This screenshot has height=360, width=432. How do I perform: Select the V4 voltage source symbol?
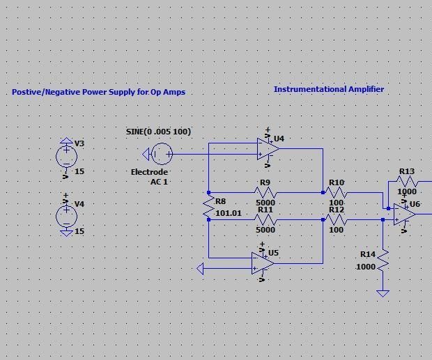pyautogui.click(x=67, y=216)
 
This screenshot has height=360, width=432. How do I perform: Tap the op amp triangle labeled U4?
pyautogui.click(x=268, y=148)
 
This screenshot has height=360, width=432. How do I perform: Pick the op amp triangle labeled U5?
pyautogui.click(x=263, y=263)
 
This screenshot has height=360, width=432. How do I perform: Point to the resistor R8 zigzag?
pyautogui.click(x=208, y=206)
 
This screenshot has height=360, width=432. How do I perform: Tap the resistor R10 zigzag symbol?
pyautogui.click(x=337, y=193)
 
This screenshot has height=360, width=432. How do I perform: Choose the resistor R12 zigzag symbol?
pyautogui.click(x=337, y=220)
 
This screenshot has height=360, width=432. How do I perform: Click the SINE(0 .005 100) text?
pyautogui.click(x=158, y=132)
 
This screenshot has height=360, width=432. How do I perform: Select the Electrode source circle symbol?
pyautogui.click(x=161, y=154)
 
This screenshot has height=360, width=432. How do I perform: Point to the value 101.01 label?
pyautogui.click(x=229, y=213)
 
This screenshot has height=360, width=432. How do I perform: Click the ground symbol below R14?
pyautogui.click(x=383, y=293)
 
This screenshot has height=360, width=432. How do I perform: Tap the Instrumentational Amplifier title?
pyautogui.click(x=329, y=89)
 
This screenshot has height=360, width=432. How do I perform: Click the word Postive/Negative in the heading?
pyautogui.click(x=46, y=92)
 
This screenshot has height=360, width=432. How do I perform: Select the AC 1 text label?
pyautogui.click(x=160, y=182)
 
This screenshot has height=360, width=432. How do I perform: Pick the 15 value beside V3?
pyautogui.click(x=79, y=171)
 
